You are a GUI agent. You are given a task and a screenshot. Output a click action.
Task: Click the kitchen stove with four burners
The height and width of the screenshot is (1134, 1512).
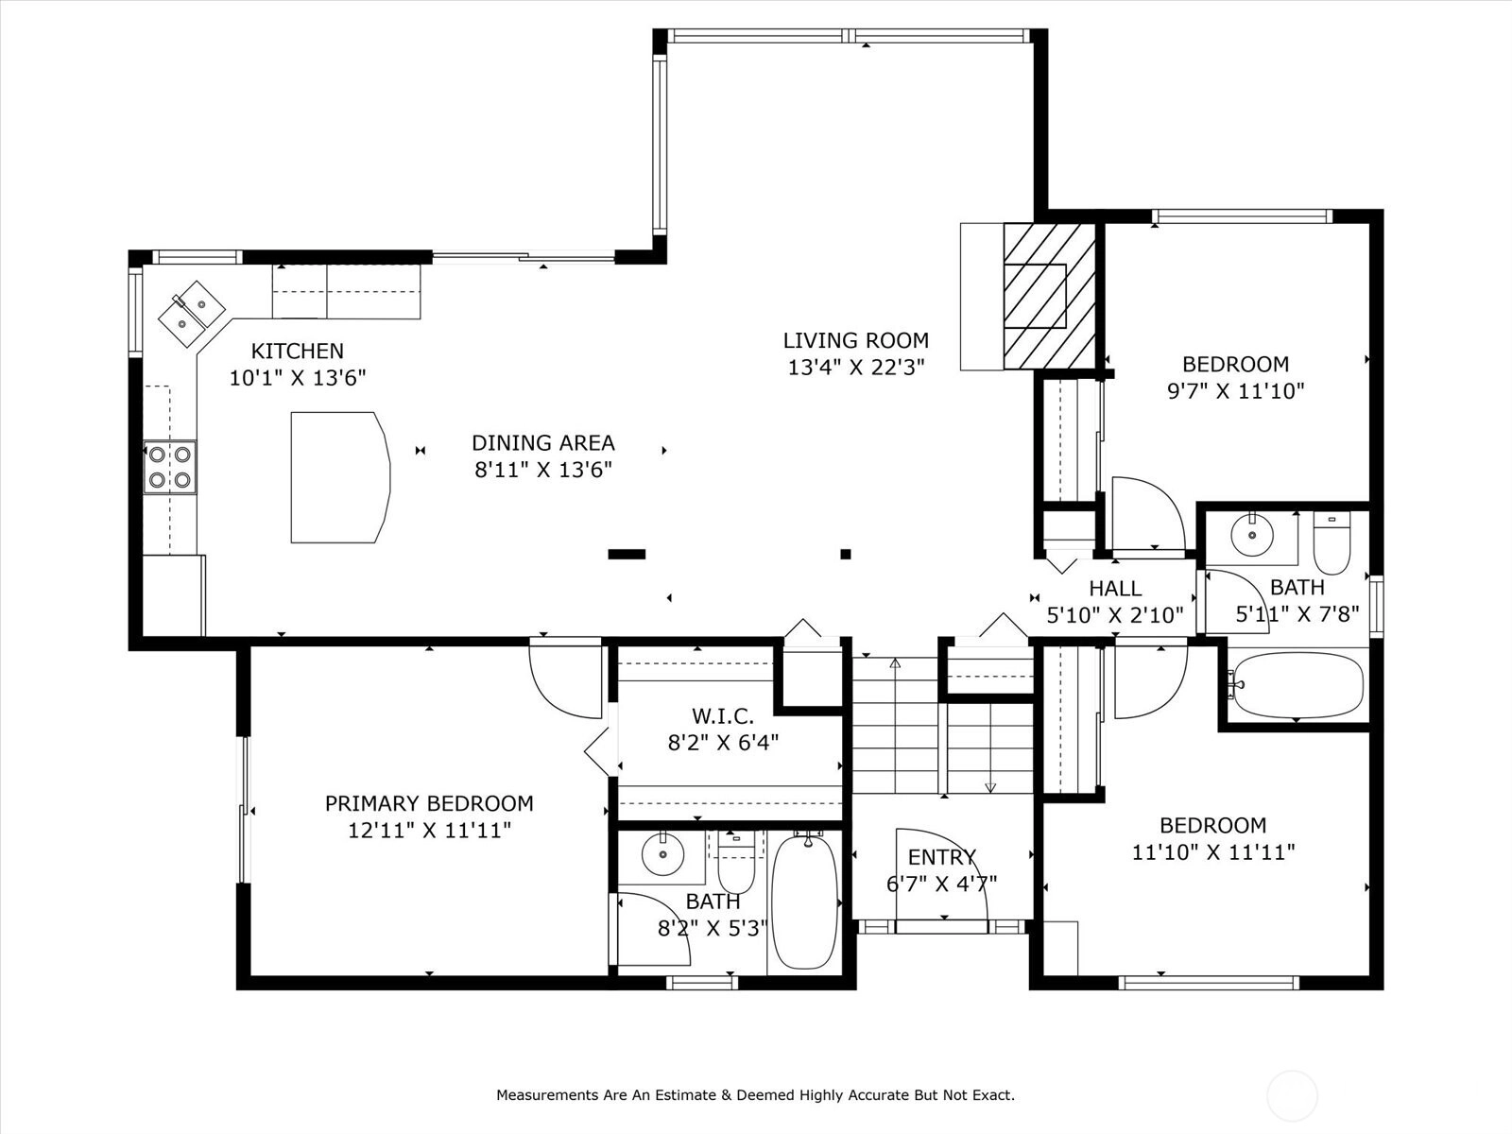(170, 468)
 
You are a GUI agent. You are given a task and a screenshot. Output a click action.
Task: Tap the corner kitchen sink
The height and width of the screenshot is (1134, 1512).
(192, 314)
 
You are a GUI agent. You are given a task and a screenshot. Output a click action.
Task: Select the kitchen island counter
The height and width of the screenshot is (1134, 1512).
(340, 478)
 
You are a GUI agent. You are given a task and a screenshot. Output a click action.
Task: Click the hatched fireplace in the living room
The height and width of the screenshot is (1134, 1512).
(1049, 296)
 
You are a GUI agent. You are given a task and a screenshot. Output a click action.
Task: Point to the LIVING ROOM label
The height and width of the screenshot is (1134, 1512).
(855, 340)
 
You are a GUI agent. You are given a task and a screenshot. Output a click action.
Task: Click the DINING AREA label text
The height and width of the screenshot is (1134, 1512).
(543, 442)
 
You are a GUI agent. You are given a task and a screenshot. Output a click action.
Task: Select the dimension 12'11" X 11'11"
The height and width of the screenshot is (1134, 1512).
(429, 831)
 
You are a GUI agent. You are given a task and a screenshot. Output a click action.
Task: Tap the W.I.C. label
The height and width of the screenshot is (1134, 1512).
(723, 716)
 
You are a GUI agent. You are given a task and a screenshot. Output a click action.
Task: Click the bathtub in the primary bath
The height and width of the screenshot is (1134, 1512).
(804, 902)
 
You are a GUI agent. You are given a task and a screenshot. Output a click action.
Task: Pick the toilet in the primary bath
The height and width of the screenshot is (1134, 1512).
(735, 863)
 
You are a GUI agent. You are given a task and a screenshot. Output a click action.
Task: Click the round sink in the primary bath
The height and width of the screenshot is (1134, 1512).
(662, 854)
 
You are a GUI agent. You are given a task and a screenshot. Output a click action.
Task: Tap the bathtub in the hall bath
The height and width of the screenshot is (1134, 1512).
(1297, 685)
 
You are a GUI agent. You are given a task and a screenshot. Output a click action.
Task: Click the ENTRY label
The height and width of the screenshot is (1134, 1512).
(941, 857)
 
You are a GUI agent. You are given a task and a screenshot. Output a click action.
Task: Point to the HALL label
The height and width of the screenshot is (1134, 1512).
(1115, 588)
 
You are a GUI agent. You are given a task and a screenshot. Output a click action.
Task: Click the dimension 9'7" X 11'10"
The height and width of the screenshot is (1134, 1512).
(1236, 391)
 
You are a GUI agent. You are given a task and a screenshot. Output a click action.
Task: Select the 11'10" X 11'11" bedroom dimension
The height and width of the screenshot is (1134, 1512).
(1213, 852)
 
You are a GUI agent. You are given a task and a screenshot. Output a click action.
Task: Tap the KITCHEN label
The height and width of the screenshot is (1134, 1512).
(297, 352)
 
